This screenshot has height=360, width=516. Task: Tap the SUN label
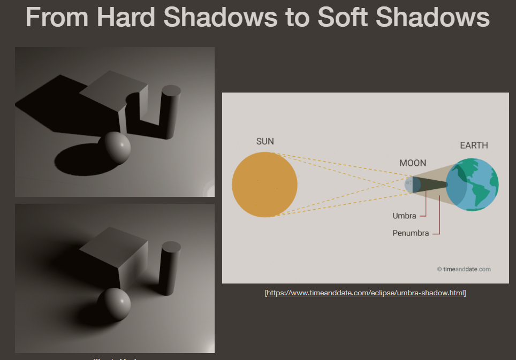tap(265, 141)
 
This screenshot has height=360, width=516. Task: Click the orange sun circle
tap(264, 184)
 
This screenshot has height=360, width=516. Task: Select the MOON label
tap(413, 163)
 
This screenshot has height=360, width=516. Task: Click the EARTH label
tap(474, 145)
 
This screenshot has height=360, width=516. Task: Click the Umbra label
tap(404, 216)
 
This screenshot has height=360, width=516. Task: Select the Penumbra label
tap(411, 233)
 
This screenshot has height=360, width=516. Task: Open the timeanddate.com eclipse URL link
tap(366, 293)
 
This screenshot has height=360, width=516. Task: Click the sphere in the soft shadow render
tap(115, 304)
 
